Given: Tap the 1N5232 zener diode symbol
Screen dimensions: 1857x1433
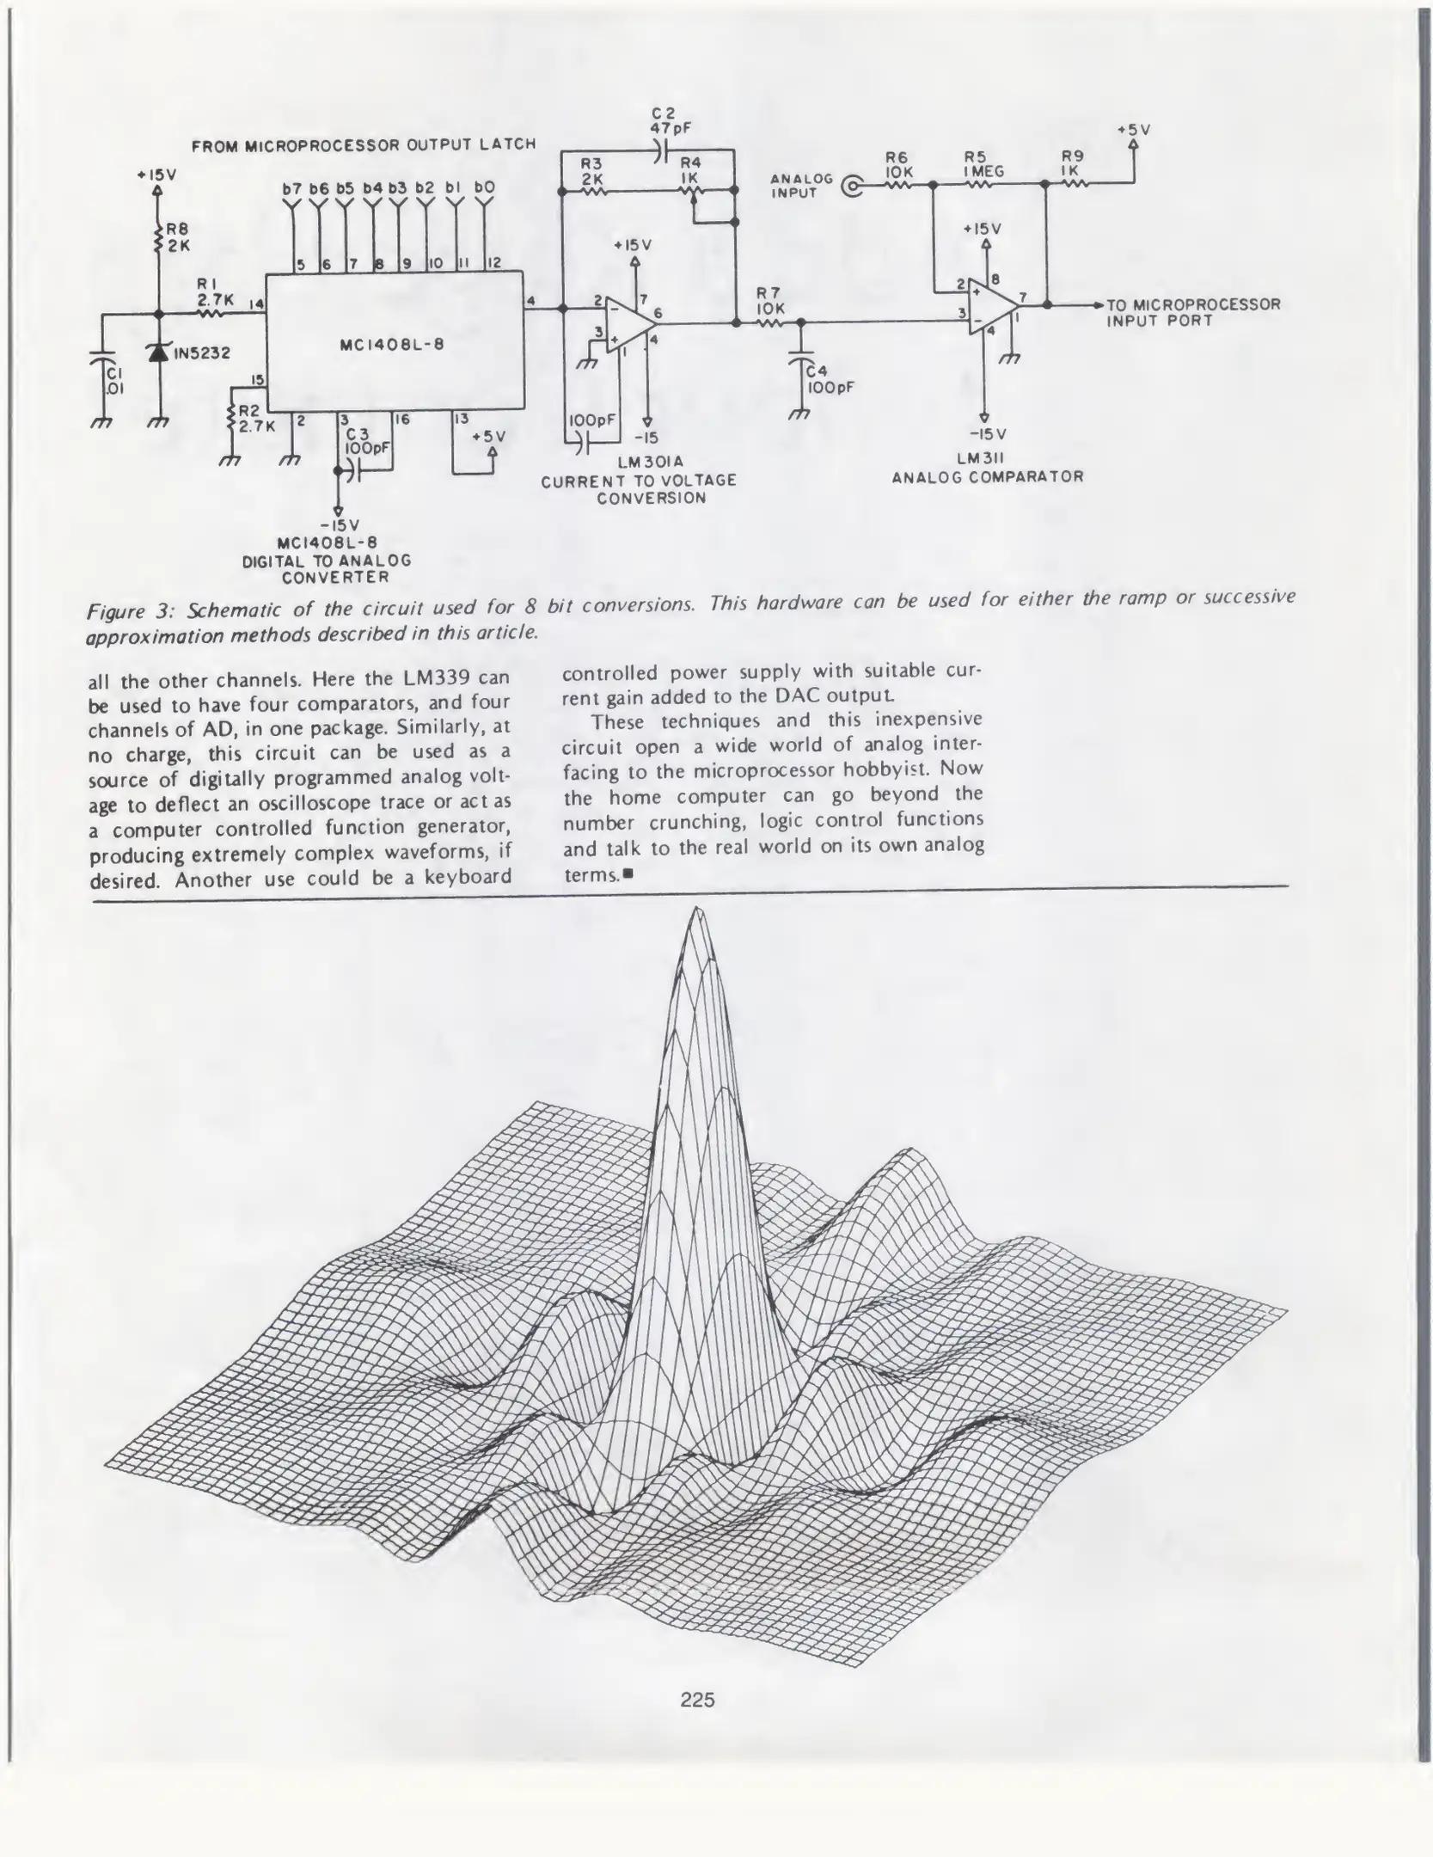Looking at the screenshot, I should point(156,352).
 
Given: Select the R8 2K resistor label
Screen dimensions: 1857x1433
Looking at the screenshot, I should point(178,236).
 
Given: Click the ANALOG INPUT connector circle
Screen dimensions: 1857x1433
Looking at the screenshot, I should point(852,186).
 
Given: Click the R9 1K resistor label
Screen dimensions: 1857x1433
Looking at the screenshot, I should point(1072,163).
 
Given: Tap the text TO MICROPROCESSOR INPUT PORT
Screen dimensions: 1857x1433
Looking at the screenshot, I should point(1193,312).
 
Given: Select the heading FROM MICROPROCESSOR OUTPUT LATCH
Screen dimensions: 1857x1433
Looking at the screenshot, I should point(364,145).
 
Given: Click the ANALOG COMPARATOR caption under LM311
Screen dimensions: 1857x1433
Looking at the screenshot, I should point(987,476).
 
